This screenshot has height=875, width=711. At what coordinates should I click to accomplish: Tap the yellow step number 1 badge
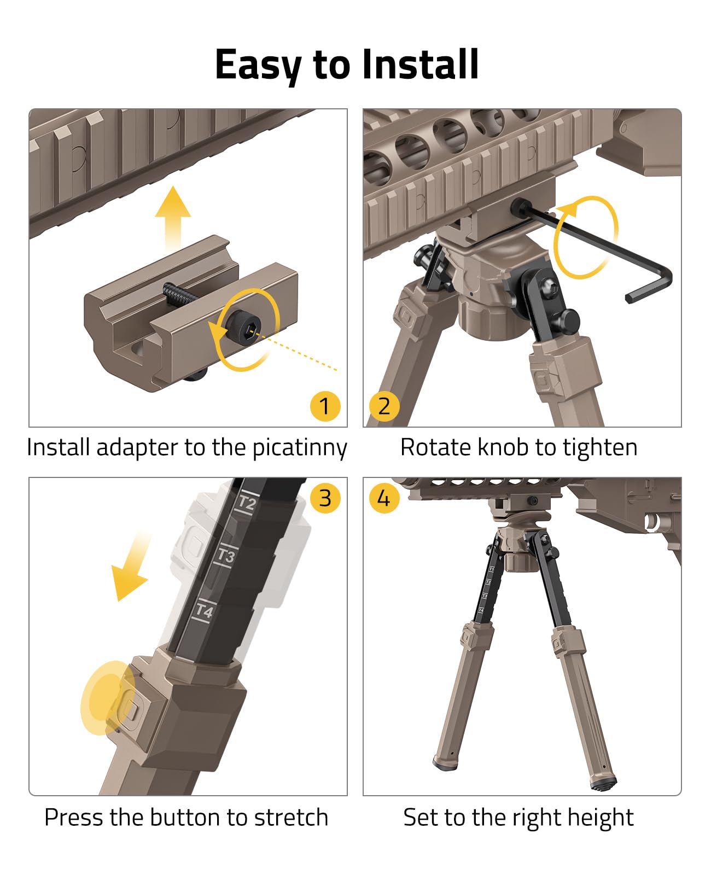pos(325,406)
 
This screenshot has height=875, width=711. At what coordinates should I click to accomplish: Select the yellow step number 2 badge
pos(384,406)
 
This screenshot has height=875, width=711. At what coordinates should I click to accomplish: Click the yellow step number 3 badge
pos(325,498)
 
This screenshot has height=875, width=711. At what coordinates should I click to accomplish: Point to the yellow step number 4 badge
pos(384,498)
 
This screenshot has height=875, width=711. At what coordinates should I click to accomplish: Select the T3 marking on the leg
pos(226,556)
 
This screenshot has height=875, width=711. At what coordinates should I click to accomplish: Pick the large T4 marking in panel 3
pos(204,610)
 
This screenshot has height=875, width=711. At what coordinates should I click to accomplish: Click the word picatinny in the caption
pos(300,448)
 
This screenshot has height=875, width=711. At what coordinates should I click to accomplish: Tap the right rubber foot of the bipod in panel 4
pos(603,783)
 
